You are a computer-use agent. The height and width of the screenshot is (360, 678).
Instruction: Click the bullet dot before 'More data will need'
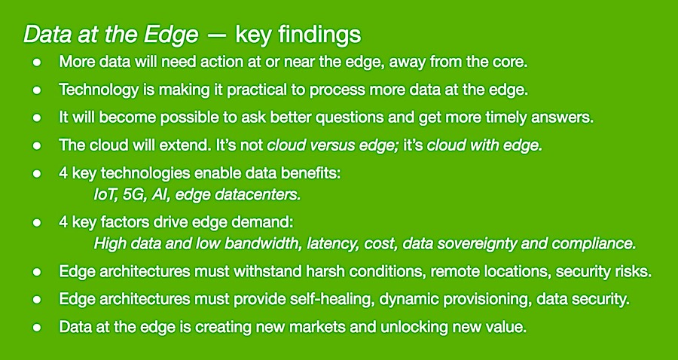(x=37, y=63)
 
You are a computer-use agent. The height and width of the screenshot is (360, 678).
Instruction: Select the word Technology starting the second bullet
(x=90, y=90)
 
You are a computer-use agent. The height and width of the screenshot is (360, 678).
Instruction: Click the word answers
(x=566, y=117)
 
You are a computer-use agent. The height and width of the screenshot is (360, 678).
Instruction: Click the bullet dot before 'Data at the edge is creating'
(x=37, y=328)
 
